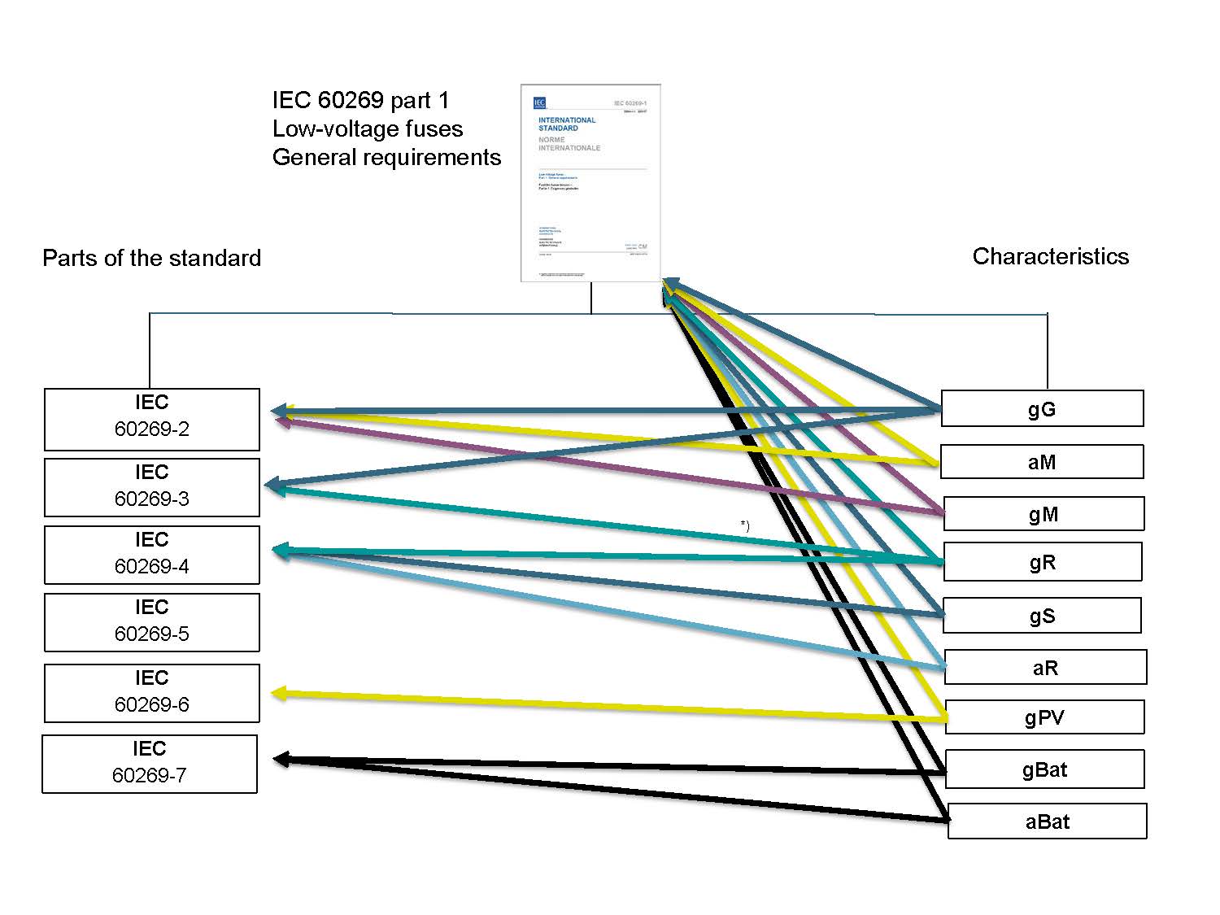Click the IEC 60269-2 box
click(152, 419)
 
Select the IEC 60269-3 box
click(152, 487)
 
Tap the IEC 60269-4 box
click(152, 555)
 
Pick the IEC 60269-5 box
click(152, 622)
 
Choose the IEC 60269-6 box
click(152, 693)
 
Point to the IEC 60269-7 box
click(150, 764)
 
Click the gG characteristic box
click(1042, 408)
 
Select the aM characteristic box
click(1042, 462)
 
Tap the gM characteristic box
click(1044, 514)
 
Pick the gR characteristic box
click(1043, 562)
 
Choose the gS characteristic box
click(1042, 616)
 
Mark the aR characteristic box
click(1045, 668)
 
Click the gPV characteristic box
click(1044, 717)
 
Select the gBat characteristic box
click(1044, 769)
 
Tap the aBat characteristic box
click(1048, 821)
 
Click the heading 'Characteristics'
click(1050, 256)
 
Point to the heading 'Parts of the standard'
click(151, 258)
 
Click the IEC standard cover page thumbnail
click(590, 183)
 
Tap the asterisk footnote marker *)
click(744, 525)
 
